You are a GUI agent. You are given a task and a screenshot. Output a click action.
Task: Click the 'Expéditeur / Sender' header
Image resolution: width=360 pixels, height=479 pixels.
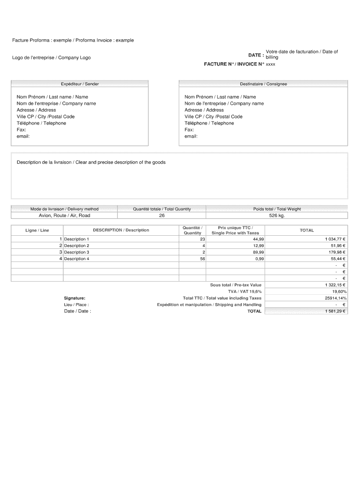(x=79, y=84)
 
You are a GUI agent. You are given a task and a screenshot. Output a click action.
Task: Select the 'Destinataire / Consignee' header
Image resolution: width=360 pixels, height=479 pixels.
(x=263, y=84)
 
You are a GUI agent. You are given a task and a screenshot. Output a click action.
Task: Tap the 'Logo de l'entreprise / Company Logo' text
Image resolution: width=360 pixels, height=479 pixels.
(x=51, y=58)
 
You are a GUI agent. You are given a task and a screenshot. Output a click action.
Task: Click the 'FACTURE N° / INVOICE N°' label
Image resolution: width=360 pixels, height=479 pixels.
(x=234, y=64)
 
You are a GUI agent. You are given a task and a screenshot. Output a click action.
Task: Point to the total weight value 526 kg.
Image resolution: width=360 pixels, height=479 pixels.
(x=277, y=216)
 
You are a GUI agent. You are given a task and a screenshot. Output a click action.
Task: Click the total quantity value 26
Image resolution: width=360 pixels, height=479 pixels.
(x=162, y=216)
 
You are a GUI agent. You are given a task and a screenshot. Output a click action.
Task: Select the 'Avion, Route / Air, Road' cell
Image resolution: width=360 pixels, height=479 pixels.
(x=64, y=216)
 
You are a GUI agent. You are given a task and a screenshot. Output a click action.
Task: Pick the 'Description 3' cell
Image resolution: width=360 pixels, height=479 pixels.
(x=77, y=252)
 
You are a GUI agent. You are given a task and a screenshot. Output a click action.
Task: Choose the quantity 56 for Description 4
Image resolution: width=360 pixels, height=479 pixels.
(x=202, y=259)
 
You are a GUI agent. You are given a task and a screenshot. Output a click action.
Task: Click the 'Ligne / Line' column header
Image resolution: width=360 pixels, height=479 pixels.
(x=37, y=230)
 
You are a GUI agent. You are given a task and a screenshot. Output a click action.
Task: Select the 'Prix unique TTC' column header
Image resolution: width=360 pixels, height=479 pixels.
(x=235, y=230)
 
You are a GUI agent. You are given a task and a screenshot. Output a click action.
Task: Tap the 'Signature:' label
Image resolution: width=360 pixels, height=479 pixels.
(x=74, y=298)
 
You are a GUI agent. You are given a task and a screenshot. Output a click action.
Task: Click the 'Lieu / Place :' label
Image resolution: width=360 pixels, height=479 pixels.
(x=76, y=305)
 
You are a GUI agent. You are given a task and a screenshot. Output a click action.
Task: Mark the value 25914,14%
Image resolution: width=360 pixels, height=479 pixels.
(x=335, y=298)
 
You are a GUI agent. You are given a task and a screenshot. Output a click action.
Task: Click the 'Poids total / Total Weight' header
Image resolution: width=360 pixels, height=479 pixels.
(x=277, y=209)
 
